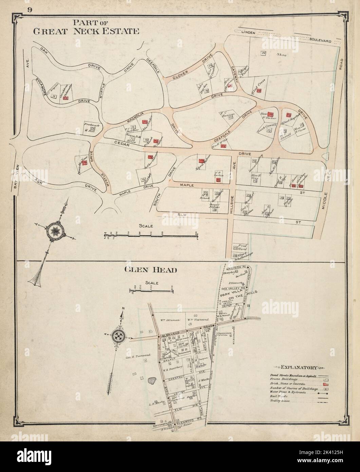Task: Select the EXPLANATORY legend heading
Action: pos(299,367)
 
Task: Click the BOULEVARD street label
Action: pos(319,40)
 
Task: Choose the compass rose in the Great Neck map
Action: pos(54,232)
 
